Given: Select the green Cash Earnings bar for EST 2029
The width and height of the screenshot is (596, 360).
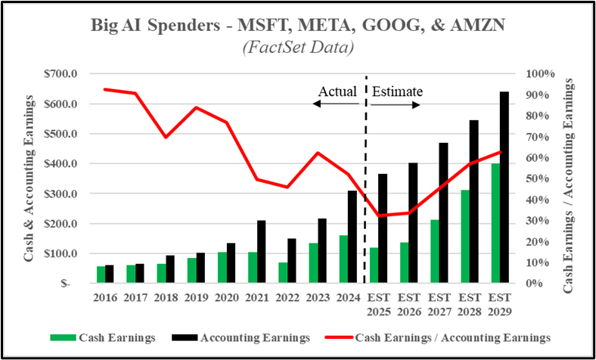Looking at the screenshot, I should [x=494, y=224].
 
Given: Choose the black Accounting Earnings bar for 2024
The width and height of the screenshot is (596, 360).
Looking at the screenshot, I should [x=352, y=237].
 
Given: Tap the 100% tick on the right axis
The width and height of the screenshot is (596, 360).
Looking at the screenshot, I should [x=539, y=74].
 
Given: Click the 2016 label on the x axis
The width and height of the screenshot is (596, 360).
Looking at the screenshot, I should [x=106, y=297].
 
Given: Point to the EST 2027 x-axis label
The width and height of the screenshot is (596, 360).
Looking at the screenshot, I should [x=439, y=303].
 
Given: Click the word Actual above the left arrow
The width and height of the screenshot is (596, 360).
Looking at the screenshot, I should [x=337, y=92].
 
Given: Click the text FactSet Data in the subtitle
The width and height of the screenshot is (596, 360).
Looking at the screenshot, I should [x=297, y=48].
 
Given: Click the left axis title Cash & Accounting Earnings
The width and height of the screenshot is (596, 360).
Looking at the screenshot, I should [x=28, y=178].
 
